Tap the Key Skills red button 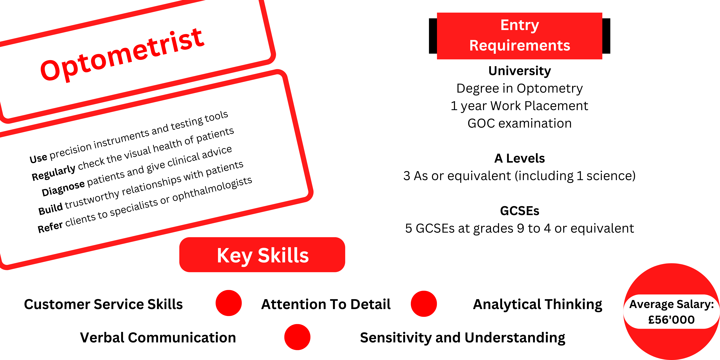[x=262, y=255]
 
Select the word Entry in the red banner [x=520, y=25]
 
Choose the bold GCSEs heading [x=520, y=211]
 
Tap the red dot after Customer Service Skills [x=229, y=303]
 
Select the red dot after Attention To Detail [x=424, y=304]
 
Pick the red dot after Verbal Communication [x=297, y=337]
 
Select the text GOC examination [x=520, y=123]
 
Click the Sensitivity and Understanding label [x=463, y=338]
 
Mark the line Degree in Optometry [x=520, y=88]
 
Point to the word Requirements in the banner [x=520, y=46]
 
